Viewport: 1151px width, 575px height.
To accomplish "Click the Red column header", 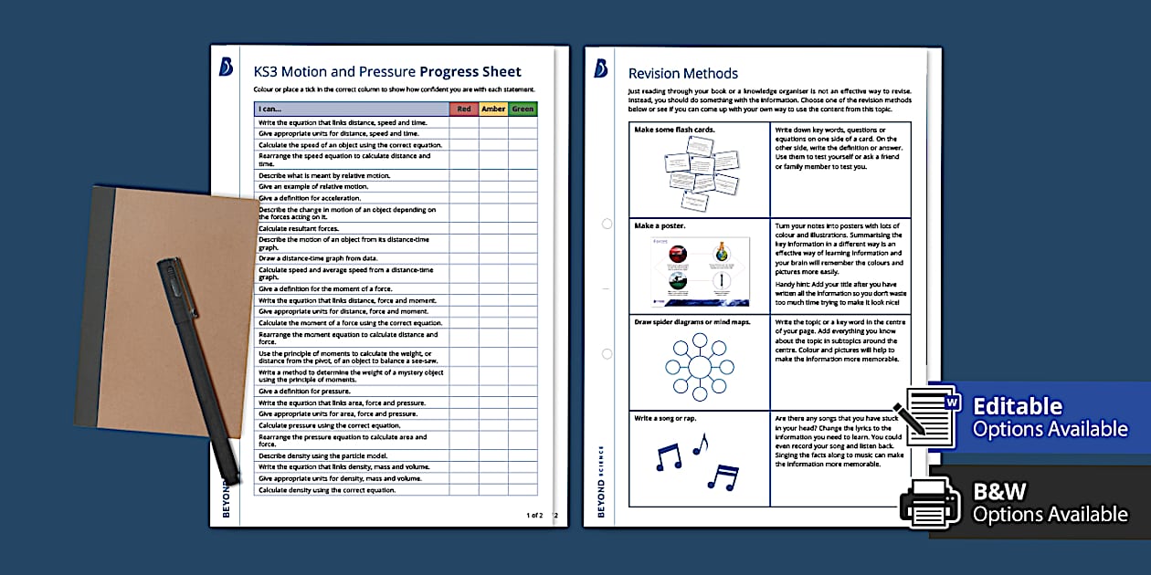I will pyautogui.click(x=464, y=109).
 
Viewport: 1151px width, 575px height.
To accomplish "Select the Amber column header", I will pyautogui.click(x=493, y=109).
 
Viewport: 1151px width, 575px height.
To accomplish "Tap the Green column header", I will pyautogui.click(x=523, y=109).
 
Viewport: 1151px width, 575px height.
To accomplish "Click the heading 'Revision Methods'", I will pyautogui.click(x=683, y=73).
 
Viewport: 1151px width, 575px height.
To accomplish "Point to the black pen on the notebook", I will pyautogui.click(x=196, y=365).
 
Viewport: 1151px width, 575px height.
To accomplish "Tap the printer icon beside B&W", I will pyautogui.click(x=929, y=501).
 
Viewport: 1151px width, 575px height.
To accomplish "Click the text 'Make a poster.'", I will pyautogui.click(x=660, y=225).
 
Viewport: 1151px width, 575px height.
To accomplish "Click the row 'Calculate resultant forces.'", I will pyautogui.click(x=299, y=228).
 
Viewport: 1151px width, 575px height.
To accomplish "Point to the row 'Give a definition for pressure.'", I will pyautogui.click(x=303, y=392).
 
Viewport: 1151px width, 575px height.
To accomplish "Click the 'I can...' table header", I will pyautogui.click(x=270, y=109).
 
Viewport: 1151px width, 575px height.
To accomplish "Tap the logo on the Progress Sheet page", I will pyautogui.click(x=226, y=67).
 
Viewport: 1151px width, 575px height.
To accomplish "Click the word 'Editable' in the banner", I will pyautogui.click(x=1018, y=406).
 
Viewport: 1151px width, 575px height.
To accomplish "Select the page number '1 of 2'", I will pyautogui.click(x=534, y=516).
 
